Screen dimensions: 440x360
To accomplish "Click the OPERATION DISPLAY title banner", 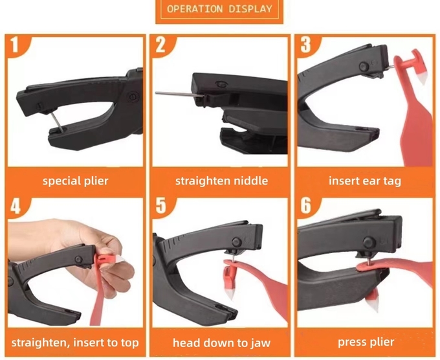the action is click(x=219, y=11).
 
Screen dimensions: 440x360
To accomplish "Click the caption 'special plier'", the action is click(x=76, y=181).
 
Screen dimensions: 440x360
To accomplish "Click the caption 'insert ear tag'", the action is click(x=365, y=181).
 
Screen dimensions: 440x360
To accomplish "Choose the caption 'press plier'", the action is click(x=366, y=343).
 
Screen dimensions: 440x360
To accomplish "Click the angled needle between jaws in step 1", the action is click(x=58, y=122).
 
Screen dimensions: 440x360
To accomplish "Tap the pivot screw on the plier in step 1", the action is click(x=133, y=97).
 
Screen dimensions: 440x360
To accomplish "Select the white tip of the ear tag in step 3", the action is click(x=422, y=79).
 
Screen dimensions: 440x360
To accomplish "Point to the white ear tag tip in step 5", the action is click(x=230, y=294).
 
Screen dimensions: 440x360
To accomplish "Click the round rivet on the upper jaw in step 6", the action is click(x=369, y=242).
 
